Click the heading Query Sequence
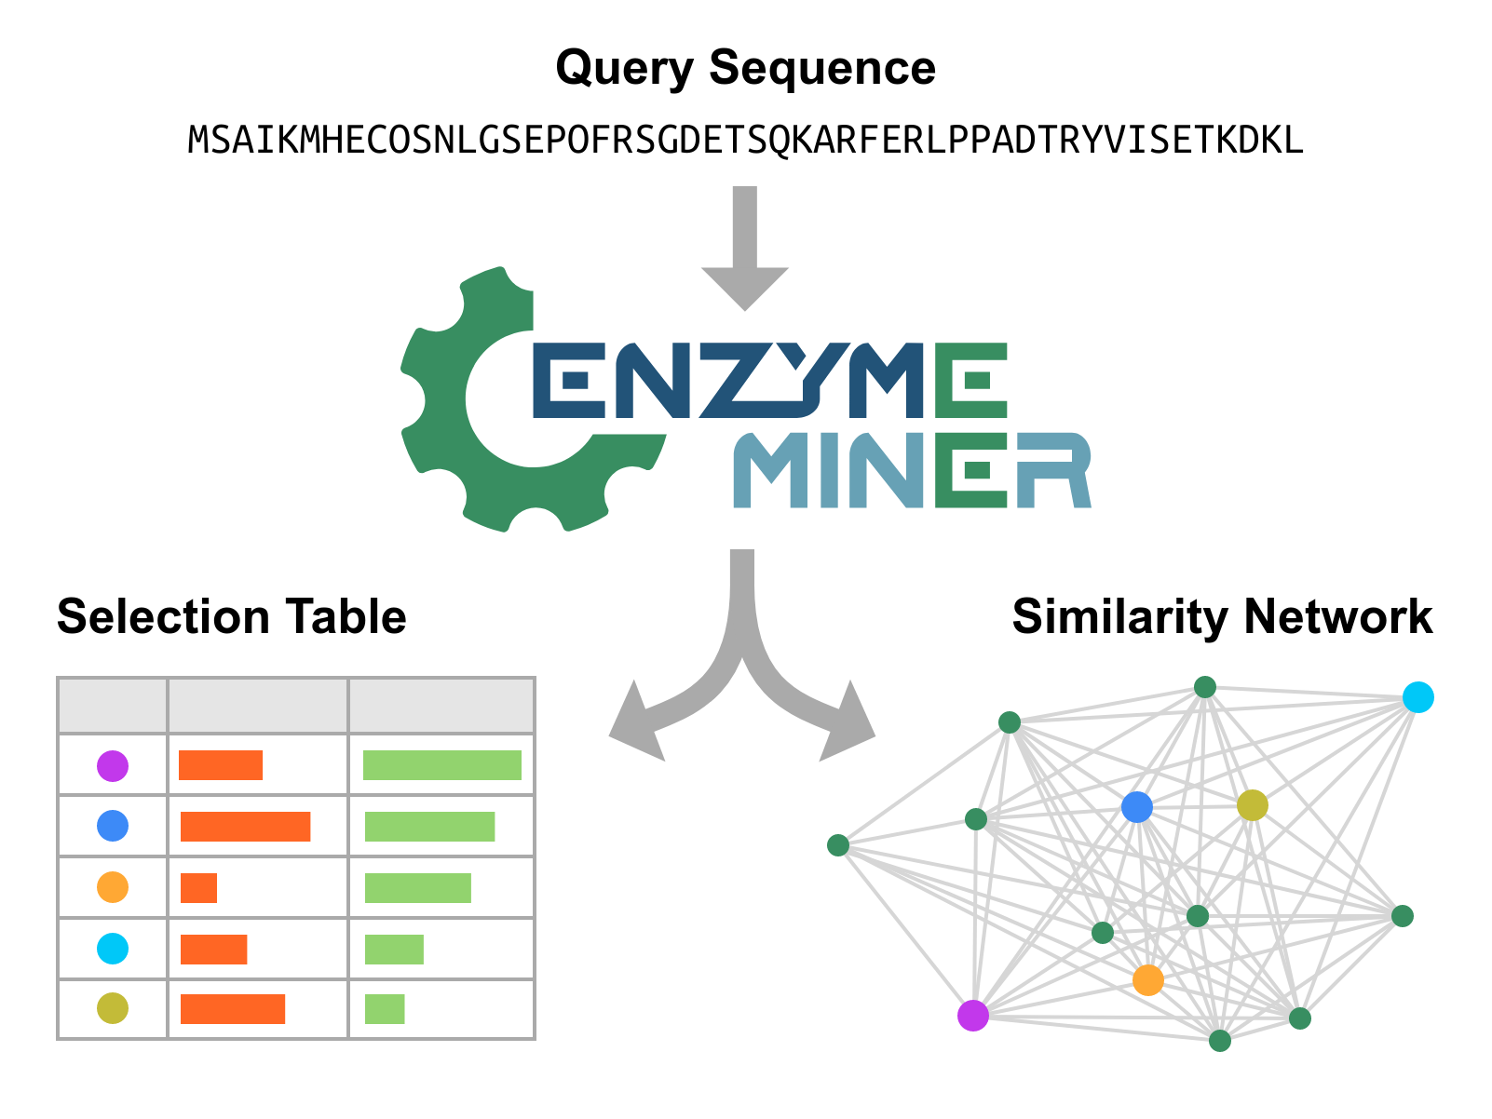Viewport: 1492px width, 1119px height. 745,68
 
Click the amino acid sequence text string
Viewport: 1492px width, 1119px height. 745,141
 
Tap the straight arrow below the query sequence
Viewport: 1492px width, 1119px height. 745,247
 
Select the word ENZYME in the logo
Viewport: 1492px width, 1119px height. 768,380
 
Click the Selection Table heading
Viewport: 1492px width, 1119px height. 231,616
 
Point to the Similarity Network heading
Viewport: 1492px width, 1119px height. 1222,616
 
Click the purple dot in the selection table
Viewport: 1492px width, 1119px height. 113,766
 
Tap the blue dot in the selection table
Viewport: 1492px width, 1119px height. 113,826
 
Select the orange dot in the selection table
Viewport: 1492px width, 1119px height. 113,887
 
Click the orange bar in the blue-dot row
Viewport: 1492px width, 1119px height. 245,827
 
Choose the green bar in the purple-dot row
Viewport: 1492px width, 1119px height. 441,765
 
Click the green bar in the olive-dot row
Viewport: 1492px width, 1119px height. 385,1009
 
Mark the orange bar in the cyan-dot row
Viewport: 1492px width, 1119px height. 213,950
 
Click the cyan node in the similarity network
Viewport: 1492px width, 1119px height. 1417,696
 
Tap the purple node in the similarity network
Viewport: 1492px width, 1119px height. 972,1016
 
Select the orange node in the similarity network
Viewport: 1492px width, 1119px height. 1147,979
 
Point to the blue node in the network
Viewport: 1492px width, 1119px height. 1136,807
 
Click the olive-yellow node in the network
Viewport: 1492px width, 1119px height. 1252,805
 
